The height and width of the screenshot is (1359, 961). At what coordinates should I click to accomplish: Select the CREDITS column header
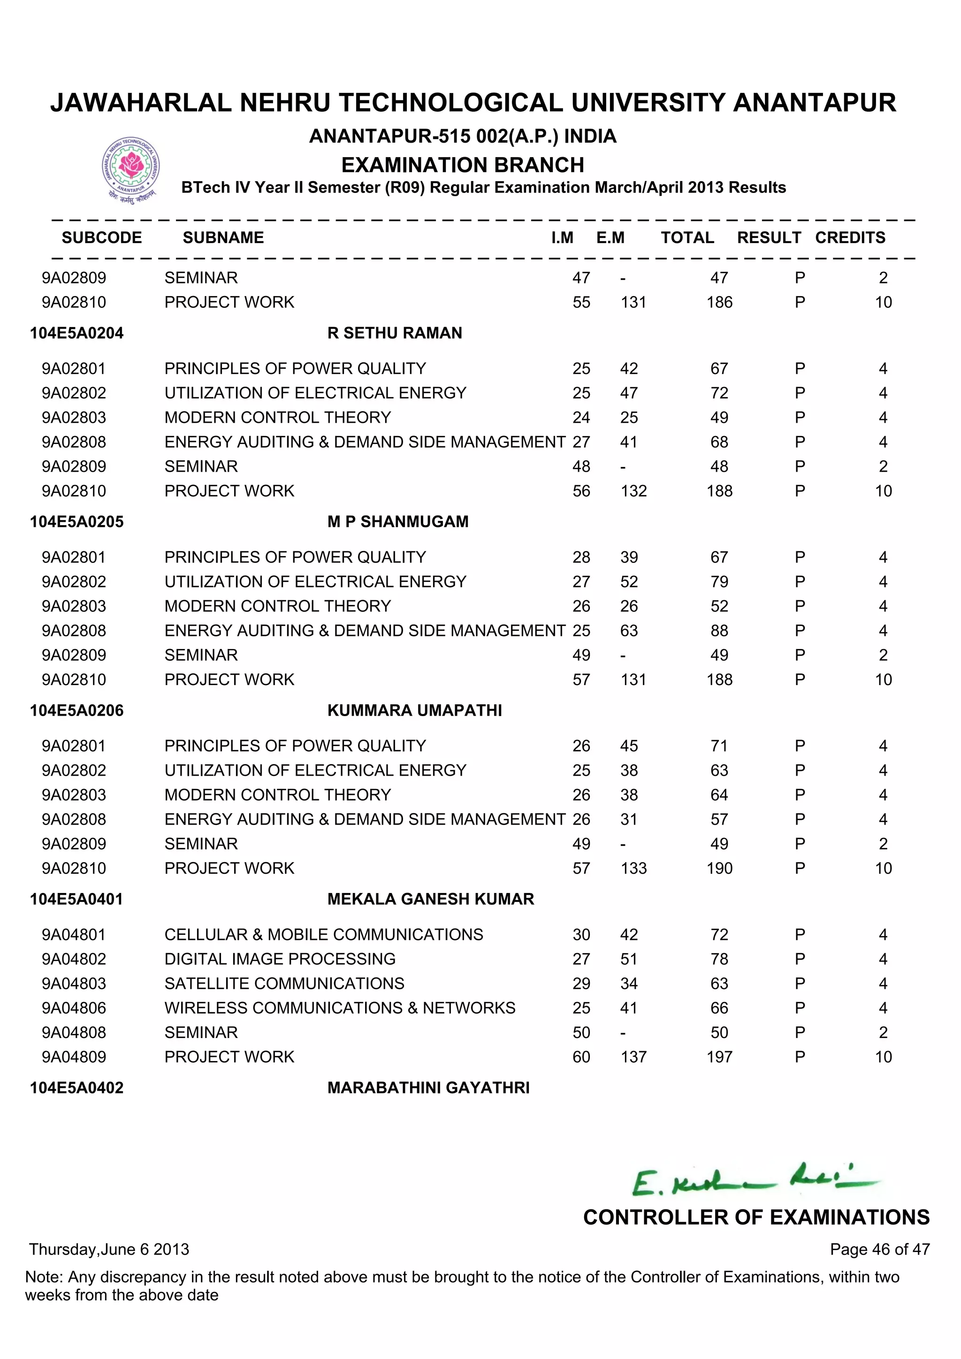[850, 237]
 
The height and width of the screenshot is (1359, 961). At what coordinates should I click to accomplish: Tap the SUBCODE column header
[102, 237]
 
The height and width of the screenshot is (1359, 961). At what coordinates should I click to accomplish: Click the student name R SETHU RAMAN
[395, 333]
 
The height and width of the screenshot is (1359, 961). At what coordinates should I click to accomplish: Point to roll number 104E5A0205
[77, 521]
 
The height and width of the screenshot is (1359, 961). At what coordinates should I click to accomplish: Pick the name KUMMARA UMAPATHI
[414, 710]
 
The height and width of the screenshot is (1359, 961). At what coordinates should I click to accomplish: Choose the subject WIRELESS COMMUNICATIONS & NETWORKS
[340, 1008]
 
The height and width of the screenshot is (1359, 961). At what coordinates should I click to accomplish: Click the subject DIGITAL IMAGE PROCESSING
[280, 959]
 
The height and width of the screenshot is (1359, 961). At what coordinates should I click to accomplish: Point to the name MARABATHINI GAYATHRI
[428, 1087]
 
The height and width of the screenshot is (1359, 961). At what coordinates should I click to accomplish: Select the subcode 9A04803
[74, 983]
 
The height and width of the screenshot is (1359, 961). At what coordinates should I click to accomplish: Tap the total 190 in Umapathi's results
[719, 868]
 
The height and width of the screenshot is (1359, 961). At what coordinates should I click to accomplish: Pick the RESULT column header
[769, 237]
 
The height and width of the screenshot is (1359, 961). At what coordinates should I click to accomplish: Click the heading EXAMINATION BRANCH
[463, 165]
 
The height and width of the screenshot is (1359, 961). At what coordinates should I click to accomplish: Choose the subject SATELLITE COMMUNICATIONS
[284, 983]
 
